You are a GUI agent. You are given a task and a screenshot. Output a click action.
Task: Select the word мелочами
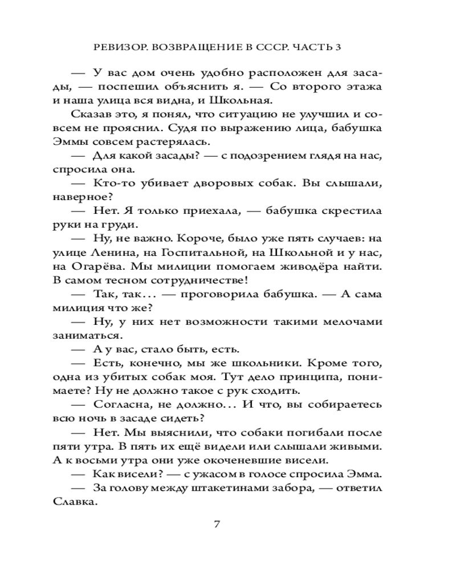point(350,321)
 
